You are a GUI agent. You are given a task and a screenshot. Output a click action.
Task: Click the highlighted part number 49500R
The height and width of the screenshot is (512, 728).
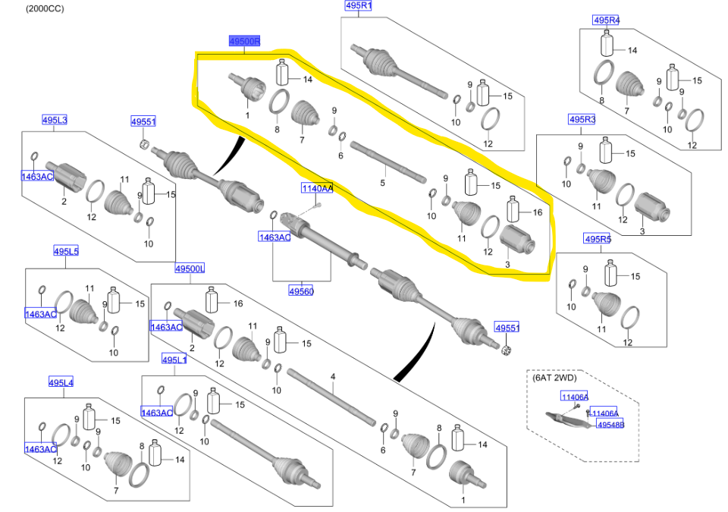(244, 42)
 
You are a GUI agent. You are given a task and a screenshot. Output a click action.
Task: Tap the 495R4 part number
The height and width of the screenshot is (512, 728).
(606, 20)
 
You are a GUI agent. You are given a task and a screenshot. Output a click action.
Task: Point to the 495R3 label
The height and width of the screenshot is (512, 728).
(582, 119)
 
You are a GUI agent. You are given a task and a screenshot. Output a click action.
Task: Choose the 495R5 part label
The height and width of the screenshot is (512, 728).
(597, 240)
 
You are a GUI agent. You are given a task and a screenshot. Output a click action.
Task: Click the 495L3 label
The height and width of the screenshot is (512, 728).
(55, 120)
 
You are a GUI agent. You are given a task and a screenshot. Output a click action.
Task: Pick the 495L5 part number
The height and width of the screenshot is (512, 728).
(66, 250)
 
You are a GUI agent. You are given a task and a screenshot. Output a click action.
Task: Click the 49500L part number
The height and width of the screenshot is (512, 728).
(190, 269)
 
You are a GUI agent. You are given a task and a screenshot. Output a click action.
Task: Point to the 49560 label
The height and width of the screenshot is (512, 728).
(301, 290)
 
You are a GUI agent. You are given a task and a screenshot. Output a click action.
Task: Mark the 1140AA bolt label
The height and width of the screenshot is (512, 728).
(318, 188)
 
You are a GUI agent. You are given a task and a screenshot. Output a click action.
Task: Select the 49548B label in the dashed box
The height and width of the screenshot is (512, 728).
(610, 425)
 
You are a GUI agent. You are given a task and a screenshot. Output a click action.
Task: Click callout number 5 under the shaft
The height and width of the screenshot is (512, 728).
(383, 183)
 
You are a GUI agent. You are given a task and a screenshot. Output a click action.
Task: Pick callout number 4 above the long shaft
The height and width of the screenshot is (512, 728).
(332, 376)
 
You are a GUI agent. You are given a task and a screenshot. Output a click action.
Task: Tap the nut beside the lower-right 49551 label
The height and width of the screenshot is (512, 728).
(507, 349)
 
